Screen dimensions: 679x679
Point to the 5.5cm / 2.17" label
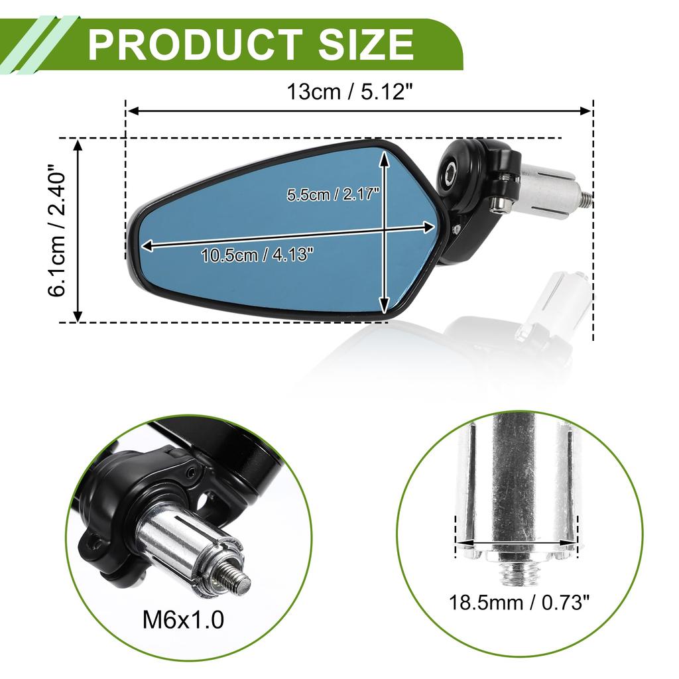coord(332,195)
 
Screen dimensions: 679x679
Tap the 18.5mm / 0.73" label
coord(519,603)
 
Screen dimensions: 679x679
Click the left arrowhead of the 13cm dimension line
coord(132,111)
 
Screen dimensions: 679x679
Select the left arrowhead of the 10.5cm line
coord(148,246)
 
